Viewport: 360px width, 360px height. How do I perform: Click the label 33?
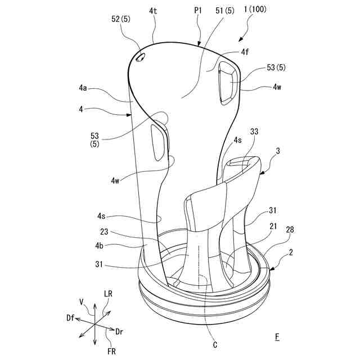pos(254,132)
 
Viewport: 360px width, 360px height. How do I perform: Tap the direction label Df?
pos(70,318)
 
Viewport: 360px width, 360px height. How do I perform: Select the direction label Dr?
pos(119,332)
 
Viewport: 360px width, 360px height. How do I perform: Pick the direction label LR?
pos(109,294)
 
